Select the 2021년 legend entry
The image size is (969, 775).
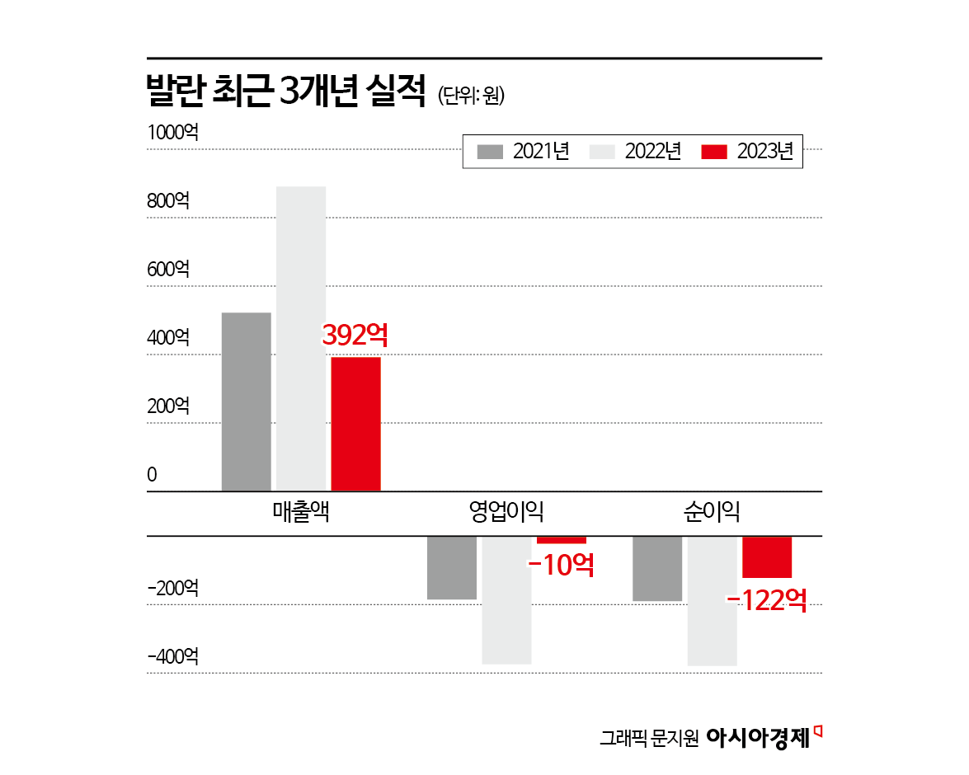pyautogui.click(x=523, y=152)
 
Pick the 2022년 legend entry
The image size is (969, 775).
pyautogui.click(x=635, y=152)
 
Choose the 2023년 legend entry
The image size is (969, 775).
pyautogui.click(x=747, y=152)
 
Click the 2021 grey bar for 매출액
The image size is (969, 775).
pyautogui.click(x=247, y=402)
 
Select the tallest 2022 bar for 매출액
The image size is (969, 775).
pyautogui.click(x=301, y=339)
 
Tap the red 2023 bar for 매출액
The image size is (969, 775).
pyautogui.click(x=355, y=424)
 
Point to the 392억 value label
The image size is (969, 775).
pyautogui.click(x=355, y=335)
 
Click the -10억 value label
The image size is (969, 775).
pyautogui.click(x=561, y=565)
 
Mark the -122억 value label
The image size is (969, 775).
pyautogui.click(x=766, y=599)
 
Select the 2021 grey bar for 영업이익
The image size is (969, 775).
pyautogui.click(x=452, y=567)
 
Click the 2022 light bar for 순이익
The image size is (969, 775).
pyautogui.click(x=713, y=600)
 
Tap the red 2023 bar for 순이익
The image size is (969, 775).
pyautogui.click(x=767, y=557)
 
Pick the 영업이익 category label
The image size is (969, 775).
pyautogui.click(x=506, y=512)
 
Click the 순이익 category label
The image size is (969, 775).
pyautogui.click(x=712, y=512)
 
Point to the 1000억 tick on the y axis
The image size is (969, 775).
pyautogui.click(x=172, y=132)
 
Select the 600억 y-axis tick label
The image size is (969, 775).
pyautogui.click(x=169, y=269)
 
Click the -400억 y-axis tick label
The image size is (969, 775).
pyautogui.click(x=173, y=656)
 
